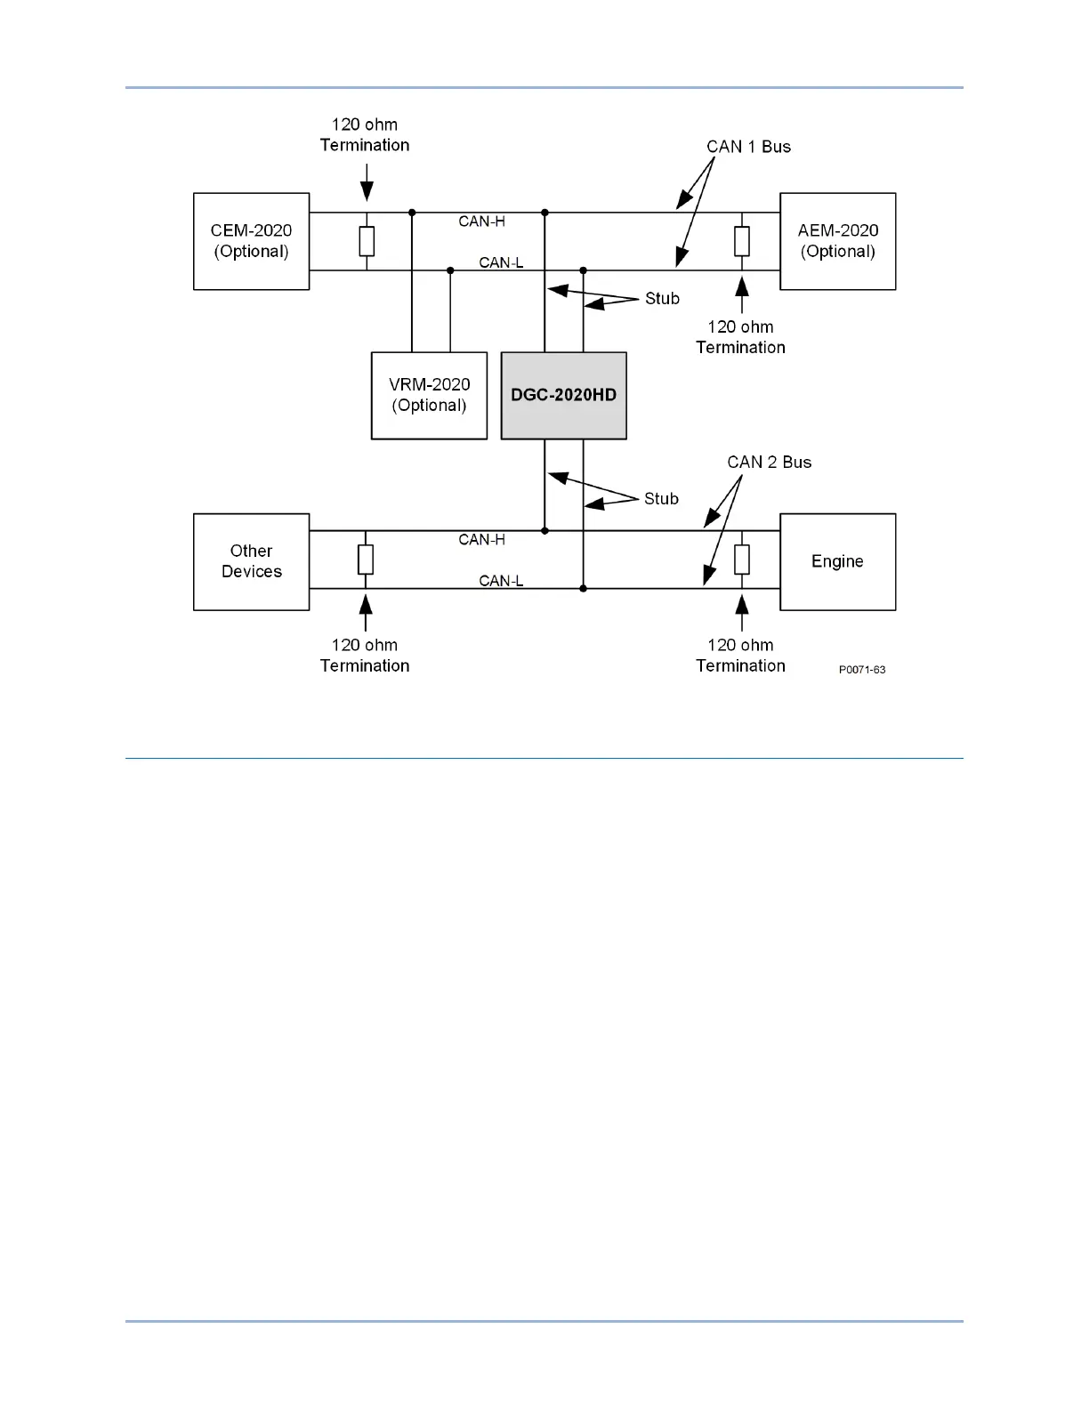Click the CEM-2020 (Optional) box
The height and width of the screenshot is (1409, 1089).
point(251,241)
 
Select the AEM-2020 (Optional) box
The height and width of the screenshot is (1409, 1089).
point(837,241)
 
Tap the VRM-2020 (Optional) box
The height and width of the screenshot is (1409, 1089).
point(429,395)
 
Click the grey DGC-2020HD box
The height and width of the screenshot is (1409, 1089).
point(563,395)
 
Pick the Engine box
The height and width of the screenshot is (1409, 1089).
point(837,561)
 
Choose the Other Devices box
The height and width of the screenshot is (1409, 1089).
point(251,561)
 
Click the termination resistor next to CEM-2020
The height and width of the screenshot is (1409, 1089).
point(366,241)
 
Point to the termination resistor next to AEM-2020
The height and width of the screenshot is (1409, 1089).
point(742,241)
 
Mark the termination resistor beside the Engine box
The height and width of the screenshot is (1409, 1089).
point(742,560)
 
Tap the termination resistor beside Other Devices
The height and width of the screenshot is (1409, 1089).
point(366,560)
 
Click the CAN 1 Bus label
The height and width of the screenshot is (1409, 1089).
point(748,147)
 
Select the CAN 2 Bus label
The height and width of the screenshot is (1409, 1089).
point(769,462)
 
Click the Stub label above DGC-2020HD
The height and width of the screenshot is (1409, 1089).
point(662,299)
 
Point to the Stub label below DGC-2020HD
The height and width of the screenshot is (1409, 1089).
point(661,499)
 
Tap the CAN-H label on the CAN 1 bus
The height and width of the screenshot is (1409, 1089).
point(481,221)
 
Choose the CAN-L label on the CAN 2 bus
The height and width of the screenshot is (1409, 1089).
point(501,581)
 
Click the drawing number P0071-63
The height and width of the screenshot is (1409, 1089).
point(861,670)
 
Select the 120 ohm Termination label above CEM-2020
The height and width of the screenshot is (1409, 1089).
point(365,135)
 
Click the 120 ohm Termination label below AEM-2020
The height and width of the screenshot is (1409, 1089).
point(740,337)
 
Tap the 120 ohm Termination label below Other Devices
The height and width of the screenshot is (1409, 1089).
point(365,656)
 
